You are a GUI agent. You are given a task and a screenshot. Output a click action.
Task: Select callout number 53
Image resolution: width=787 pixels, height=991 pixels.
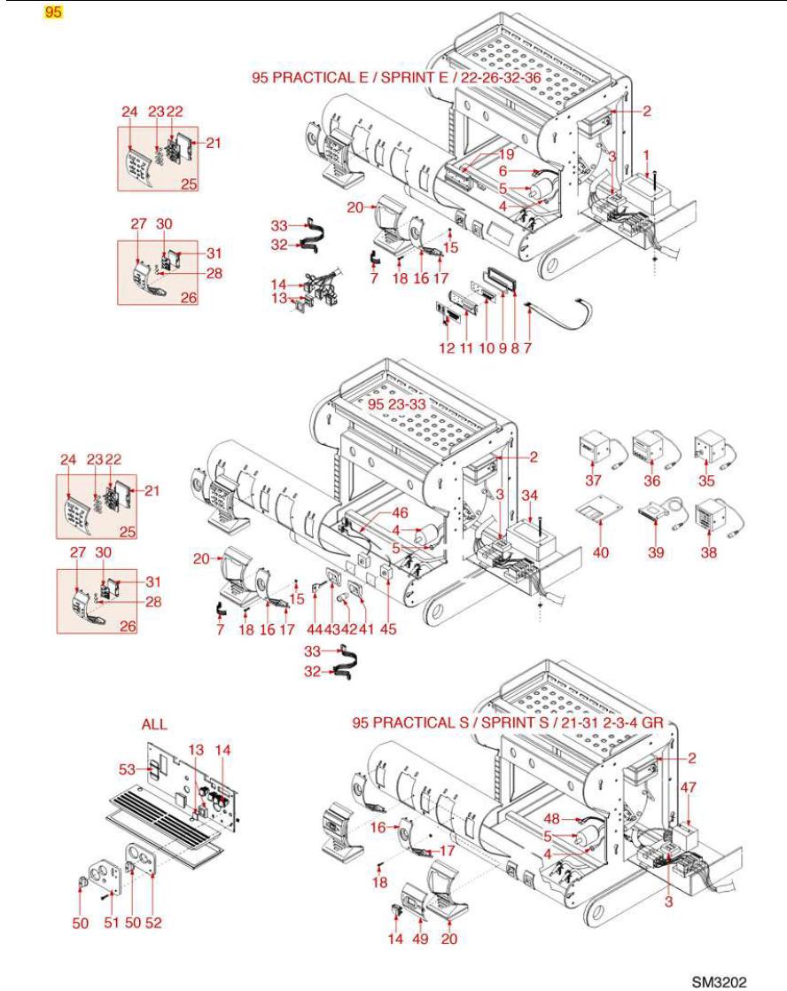126,769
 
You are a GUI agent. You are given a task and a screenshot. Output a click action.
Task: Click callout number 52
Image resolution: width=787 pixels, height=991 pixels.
153,924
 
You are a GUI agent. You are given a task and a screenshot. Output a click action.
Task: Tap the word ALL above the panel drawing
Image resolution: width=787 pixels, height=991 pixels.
154,724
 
